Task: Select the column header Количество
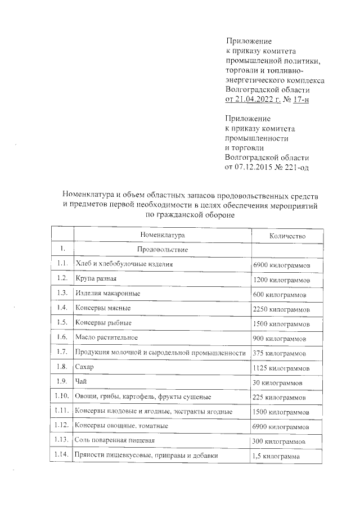[x=287, y=236]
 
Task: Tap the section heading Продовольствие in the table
[x=162, y=249]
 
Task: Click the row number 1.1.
[x=62, y=263]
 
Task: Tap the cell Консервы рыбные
[x=103, y=323]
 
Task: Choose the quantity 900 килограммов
[x=280, y=339]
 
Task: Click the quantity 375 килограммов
[x=280, y=353]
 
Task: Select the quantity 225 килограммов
[x=280, y=397]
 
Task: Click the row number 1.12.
[x=62, y=426]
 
